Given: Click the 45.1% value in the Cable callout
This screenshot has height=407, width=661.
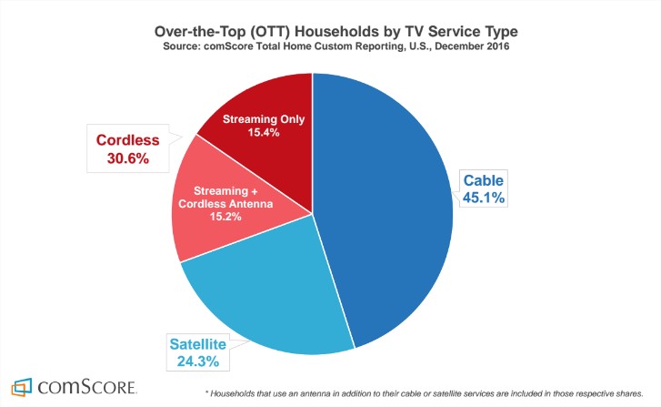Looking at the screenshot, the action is coord(484,198).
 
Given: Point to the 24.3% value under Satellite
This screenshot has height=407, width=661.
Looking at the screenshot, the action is coord(197,361).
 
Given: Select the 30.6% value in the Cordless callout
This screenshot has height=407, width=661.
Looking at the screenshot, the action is coord(127,158).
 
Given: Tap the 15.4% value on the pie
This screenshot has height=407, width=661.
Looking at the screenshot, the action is coord(264,132).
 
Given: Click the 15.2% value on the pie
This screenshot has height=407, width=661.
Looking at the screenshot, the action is coord(225,217).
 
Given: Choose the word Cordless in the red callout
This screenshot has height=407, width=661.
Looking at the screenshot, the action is coord(127,139).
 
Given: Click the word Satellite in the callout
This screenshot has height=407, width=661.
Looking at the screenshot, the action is coord(197,344).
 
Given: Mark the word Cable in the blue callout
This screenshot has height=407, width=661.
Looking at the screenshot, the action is coord(484,180).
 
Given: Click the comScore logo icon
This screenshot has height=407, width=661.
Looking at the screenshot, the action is coord(22,387).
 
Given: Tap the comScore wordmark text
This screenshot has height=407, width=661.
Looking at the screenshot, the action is coord(87,387).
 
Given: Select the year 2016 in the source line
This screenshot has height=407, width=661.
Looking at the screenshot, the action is coord(497,46).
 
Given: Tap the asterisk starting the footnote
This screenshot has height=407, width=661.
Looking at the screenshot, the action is coord(206,392).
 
